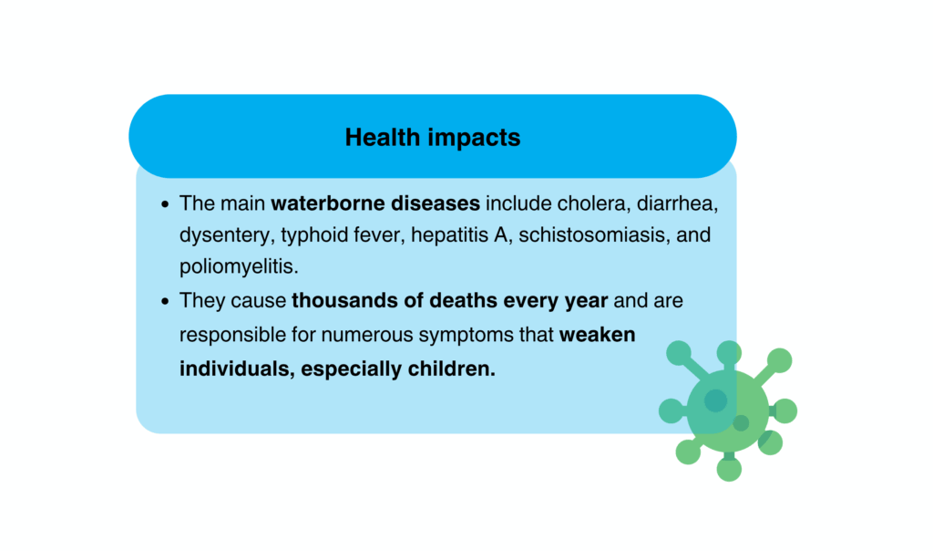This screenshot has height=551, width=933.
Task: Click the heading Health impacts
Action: [433, 138]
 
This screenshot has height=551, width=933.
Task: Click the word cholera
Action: [594, 203]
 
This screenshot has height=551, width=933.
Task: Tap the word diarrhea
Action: [677, 203]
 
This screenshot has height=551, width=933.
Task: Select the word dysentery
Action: [227, 236]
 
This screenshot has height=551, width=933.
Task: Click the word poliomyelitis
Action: [239, 267]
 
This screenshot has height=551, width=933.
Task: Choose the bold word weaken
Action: [598, 335]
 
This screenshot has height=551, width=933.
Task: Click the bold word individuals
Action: [238, 369]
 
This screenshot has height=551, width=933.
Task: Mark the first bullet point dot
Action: [165, 204]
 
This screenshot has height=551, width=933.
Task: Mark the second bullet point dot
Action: [165, 301]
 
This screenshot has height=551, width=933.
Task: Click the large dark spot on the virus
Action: [715, 400]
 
